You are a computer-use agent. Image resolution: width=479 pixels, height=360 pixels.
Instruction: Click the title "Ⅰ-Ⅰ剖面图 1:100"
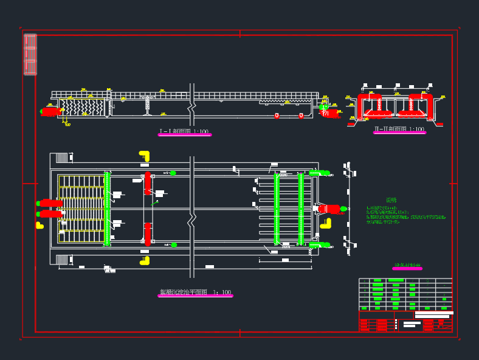pos(184,131)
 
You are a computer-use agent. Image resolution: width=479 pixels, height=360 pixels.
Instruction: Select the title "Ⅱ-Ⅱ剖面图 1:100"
pos(399,129)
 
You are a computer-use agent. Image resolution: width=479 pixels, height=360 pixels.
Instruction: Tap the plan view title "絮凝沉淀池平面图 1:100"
pos(195,292)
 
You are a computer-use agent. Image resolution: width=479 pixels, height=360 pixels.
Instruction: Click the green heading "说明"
pos(391,200)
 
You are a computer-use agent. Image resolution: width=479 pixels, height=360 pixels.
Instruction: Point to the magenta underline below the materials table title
pos(407,269)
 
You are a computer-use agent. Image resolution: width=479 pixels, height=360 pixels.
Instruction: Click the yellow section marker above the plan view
pos(144,156)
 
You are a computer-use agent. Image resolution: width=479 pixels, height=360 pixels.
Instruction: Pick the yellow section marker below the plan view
pos(145,260)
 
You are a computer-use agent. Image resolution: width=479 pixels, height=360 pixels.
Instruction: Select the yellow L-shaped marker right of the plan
pos(326,223)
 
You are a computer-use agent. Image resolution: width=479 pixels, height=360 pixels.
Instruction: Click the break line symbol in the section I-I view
pos(191,107)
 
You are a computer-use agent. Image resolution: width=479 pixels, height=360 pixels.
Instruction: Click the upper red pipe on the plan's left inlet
pos(51,203)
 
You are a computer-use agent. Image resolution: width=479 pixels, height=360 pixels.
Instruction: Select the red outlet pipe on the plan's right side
pos(329,209)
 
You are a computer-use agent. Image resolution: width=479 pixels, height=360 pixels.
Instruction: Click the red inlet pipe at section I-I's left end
pos(51,111)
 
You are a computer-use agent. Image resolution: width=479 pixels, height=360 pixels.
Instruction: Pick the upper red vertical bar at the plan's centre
pos(147,183)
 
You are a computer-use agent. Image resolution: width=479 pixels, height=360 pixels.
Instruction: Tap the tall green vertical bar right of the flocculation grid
pos(107,209)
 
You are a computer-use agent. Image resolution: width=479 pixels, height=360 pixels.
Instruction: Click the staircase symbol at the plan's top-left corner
pos(62,157)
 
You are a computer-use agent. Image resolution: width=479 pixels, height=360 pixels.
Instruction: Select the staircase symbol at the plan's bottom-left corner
pos(62,260)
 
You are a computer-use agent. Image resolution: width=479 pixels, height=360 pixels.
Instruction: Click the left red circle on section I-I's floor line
pos(277,115)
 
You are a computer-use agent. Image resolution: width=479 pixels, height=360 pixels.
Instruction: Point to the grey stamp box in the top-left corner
pos(30,55)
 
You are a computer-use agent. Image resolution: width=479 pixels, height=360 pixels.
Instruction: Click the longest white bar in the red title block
pos(434,313)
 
